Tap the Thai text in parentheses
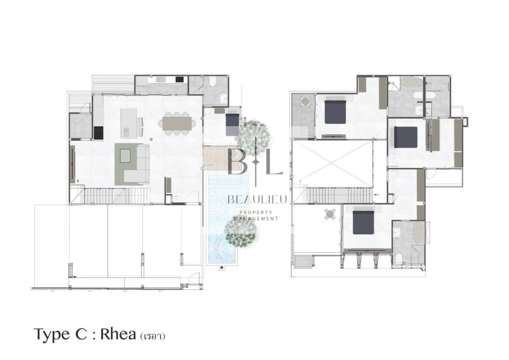[x=152, y=337]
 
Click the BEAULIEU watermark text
[x=257, y=200]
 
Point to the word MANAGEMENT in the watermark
[x=256, y=219]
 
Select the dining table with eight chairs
[x=177, y=124]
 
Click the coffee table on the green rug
[x=125, y=155]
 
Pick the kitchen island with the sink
[x=129, y=124]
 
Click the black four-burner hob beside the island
[x=98, y=133]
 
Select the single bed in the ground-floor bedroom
[x=232, y=124]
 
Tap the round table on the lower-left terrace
[x=330, y=214]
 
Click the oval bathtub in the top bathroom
[x=411, y=82]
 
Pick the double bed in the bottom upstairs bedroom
[x=364, y=222]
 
